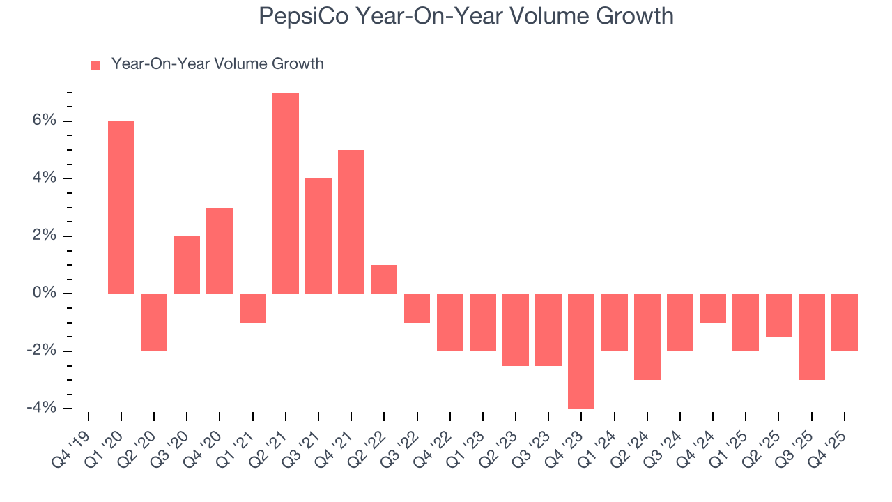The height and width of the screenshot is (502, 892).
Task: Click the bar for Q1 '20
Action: tap(121, 207)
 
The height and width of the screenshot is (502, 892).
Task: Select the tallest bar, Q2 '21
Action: tap(286, 193)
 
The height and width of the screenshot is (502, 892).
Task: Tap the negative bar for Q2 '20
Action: tap(154, 322)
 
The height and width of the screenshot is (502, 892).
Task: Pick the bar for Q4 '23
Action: tap(581, 351)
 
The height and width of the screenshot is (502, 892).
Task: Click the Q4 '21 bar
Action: tap(351, 222)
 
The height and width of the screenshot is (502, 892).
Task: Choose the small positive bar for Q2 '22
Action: tap(384, 279)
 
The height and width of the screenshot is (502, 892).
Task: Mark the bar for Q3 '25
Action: tap(812, 336)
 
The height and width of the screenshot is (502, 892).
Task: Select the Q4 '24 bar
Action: tap(713, 308)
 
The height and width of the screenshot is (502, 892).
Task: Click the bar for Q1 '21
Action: tap(253, 308)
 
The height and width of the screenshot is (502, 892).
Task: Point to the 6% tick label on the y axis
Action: tap(43, 121)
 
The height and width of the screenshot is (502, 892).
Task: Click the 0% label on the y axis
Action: tap(43, 294)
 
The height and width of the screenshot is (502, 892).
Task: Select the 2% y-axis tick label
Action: tap(43, 236)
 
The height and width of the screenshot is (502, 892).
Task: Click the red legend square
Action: tap(96, 66)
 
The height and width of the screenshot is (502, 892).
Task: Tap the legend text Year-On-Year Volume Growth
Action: tap(217, 64)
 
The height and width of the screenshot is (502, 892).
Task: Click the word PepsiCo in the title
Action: tap(305, 16)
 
